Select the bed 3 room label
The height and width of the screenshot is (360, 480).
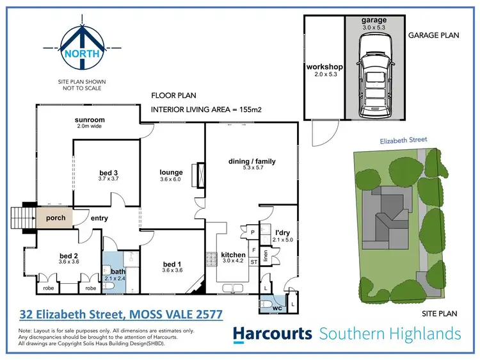tap(106, 172)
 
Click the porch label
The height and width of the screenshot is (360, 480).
tap(55, 217)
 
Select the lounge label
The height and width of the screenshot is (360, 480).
tap(172, 172)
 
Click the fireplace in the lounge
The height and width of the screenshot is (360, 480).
tap(201, 175)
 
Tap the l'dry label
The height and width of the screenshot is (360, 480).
tap(284, 233)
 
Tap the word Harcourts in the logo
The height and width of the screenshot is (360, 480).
tap(272, 334)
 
